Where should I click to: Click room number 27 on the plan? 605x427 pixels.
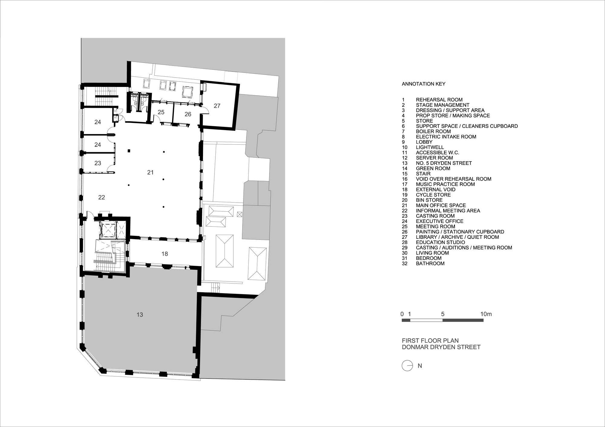[x=217, y=106]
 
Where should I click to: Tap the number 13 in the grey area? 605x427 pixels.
[x=139, y=315]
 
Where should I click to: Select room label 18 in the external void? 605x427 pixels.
[x=165, y=254]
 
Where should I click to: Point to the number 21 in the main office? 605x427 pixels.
[x=150, y=172]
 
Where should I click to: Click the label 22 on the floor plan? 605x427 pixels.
[x=102, y=197]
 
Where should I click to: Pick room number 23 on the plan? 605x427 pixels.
[x=98, y=163]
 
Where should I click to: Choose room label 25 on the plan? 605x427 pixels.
[x=161, y=112]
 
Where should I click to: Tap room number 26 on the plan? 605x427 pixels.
[x=188, y=114]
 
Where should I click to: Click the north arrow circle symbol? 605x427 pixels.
[x=407, y=366]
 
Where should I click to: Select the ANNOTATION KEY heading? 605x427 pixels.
[x=423, y=84]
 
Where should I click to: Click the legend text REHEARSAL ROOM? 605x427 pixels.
[x=439, y=100]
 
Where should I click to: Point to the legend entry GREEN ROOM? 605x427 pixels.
[x=433, y=169]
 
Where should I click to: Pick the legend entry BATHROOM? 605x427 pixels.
[x=430, y=264]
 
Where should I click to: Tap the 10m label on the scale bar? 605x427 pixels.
[x=486, y=314]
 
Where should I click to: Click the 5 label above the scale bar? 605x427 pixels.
[x=443, y=314]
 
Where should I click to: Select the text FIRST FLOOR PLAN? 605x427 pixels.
[x=430, y=341]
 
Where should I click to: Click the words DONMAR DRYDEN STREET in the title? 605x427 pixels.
[x=441, y=347]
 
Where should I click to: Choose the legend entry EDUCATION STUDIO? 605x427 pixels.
[x=440, y=242]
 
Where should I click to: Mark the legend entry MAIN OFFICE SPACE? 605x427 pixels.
[x=441, y=205]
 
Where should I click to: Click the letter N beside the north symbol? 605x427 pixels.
[x=420, y=366]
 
